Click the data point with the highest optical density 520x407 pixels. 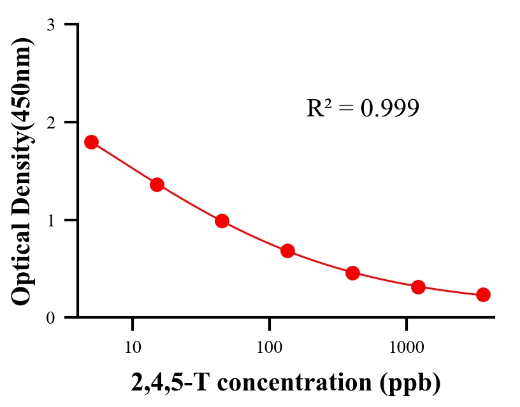coord(91,142)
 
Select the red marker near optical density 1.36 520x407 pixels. coord(157,185)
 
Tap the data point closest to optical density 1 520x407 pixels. coord(222,221)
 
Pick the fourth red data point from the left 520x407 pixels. coord(287,251)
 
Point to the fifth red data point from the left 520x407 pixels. coord(352,273)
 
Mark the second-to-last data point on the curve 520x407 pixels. coord(418,287)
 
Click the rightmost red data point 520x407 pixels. coord(483,294)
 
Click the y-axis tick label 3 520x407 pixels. coord(50,25)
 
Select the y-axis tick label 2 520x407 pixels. coord(50,122)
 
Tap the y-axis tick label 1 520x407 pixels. coord(50,220)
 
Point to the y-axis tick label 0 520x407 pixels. coord(50,317)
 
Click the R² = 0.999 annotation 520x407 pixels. coord(363,108)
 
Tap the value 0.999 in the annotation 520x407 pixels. coord(390,109)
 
